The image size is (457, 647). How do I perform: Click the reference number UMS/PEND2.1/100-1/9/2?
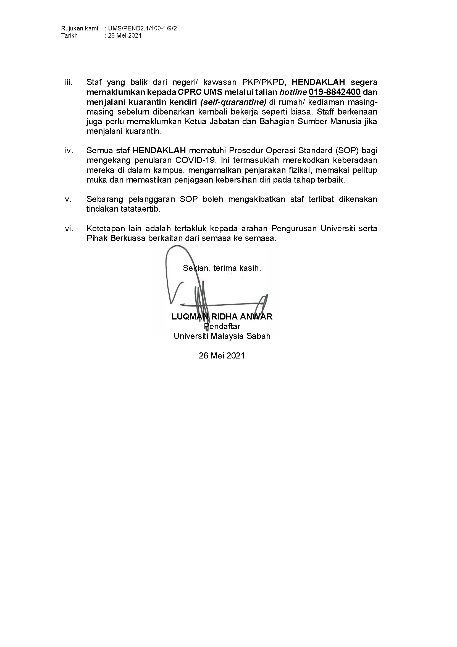point(142,28)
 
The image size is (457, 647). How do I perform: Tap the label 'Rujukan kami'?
point(80,28)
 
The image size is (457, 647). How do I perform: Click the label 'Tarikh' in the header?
point(70,35)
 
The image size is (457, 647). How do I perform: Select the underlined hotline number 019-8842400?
point(335,92)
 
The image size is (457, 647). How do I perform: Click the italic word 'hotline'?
point(293,92)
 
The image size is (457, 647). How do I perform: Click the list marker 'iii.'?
point(69,82)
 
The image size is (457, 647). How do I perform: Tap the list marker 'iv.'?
point(69,151)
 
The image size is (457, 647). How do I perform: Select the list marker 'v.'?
point(68,199)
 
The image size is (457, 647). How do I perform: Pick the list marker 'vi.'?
point(69,228)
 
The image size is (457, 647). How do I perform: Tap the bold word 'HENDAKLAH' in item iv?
point(159,151)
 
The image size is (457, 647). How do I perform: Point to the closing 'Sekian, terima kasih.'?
point(222,268)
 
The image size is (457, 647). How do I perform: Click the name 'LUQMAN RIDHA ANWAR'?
point(222,317)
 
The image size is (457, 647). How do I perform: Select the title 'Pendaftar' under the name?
point(222,326)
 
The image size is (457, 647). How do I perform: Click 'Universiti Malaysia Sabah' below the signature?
point(222,336)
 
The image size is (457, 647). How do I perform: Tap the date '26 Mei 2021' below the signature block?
point(222,356)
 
